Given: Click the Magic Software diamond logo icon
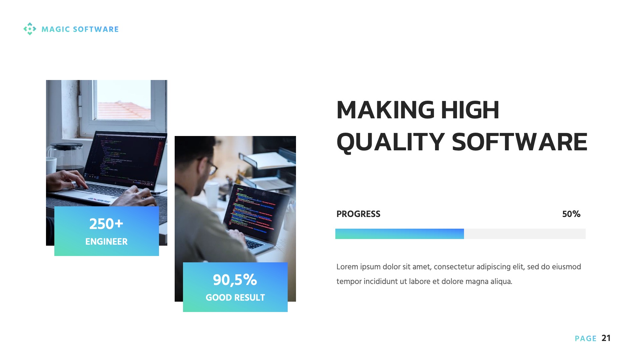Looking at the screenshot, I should coord(30,29).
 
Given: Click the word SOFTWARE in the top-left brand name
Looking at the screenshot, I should coord(96,29).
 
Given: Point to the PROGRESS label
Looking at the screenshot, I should coord(358,214).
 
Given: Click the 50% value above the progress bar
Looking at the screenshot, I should coord(571,214).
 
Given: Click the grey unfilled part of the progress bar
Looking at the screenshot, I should coord(524,234).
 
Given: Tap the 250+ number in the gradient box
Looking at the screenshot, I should coord(106,224).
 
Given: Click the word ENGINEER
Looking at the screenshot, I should coord(106,242).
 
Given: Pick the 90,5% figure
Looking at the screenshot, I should coord(235,280).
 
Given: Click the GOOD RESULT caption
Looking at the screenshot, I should coord(235,298).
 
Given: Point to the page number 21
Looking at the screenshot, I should coord(606,338).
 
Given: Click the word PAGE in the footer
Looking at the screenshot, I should coord(586,339).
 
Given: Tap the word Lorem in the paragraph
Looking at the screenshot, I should coord(347,267).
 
